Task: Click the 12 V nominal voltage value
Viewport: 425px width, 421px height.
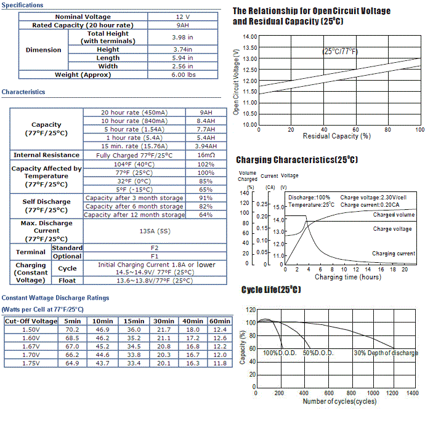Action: coord(182,17)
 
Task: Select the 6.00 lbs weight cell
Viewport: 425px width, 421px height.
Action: coord(182,74)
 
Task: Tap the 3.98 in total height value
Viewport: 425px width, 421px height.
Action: coord(182,37)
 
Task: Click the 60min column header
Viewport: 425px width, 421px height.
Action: coord(219,321)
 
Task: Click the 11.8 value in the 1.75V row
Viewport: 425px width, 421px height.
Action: coord(219,364)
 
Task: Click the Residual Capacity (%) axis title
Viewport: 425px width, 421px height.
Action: coord(336,136)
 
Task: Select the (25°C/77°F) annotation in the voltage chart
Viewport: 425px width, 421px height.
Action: coord(340,51)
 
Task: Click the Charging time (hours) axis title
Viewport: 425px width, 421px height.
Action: coord(347,277)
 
